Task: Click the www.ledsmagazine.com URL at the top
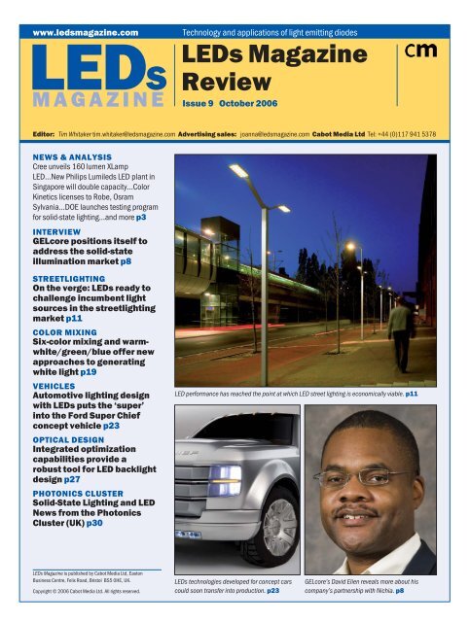[86, 32]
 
